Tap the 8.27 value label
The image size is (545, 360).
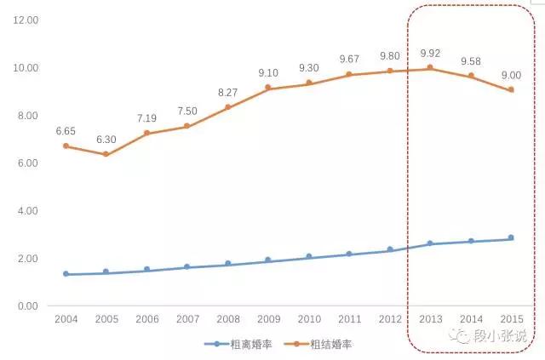click(x=227, y=90)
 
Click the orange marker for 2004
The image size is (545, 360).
click(x=66, y=146)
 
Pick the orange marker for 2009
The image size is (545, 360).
click(x=267, y=88)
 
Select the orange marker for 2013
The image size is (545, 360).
click(x=429, y=67)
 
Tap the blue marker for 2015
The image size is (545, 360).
click(x=511, y=238)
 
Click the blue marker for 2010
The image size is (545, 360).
click(x=308, y=256)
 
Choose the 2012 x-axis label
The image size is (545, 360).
click(x=389, y=319)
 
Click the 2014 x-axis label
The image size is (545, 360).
click(x=470, y=319)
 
